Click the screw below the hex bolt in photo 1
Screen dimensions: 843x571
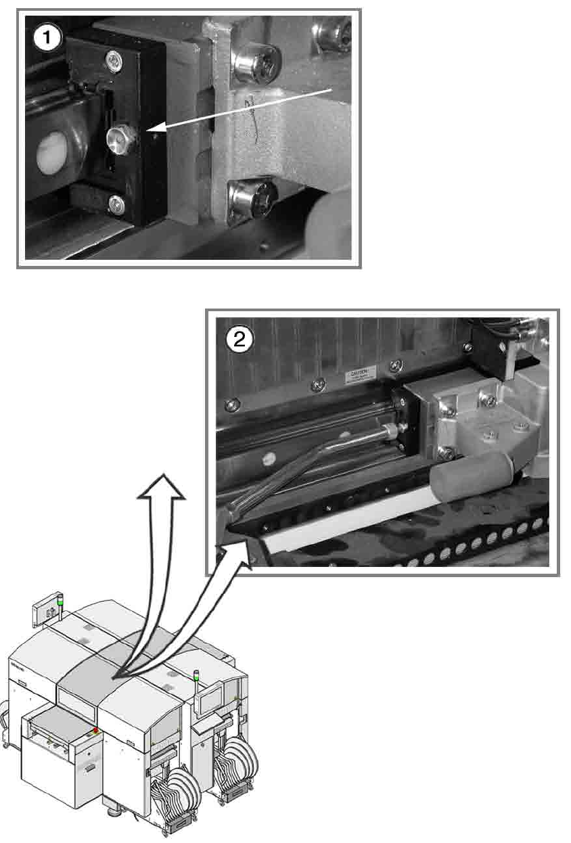116,202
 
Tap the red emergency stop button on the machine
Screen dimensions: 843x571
96,730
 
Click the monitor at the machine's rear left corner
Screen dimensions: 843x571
45,610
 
